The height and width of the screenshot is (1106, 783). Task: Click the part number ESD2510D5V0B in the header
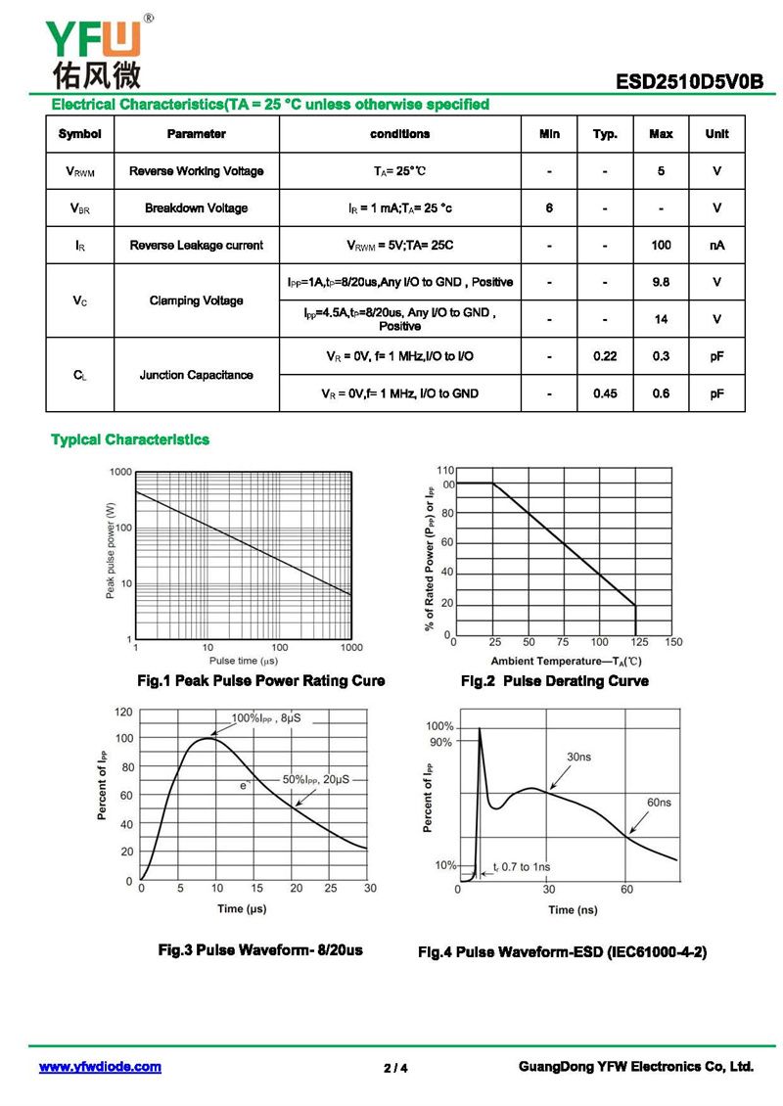point(689,82)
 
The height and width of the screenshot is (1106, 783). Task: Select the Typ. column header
point(605,134)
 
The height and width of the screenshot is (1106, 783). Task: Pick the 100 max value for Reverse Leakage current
point(661,246)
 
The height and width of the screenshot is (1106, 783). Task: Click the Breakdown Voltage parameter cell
point(196,208)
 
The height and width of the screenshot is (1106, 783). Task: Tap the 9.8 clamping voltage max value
point(661,282)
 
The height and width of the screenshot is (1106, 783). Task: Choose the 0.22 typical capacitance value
point(605,356)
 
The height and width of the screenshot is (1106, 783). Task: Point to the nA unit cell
point(716,246)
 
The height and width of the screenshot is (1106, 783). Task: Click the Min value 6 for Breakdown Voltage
point(549,208)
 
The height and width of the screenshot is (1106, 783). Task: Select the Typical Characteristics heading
point(130,440)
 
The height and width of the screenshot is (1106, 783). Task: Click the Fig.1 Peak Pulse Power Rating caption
point(260,681)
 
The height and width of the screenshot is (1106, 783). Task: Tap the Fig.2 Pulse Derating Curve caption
point(554,681)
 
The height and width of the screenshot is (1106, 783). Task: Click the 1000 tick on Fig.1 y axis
point(120,472)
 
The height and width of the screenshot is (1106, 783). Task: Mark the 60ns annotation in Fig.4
point(659,803)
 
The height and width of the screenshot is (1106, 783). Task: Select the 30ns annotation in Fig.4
point(578,757)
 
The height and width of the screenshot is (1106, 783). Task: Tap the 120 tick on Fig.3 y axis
point(123,712)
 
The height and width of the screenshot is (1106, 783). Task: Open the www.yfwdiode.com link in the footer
point(100,1067)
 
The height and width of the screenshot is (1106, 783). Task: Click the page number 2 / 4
point(395,1068)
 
